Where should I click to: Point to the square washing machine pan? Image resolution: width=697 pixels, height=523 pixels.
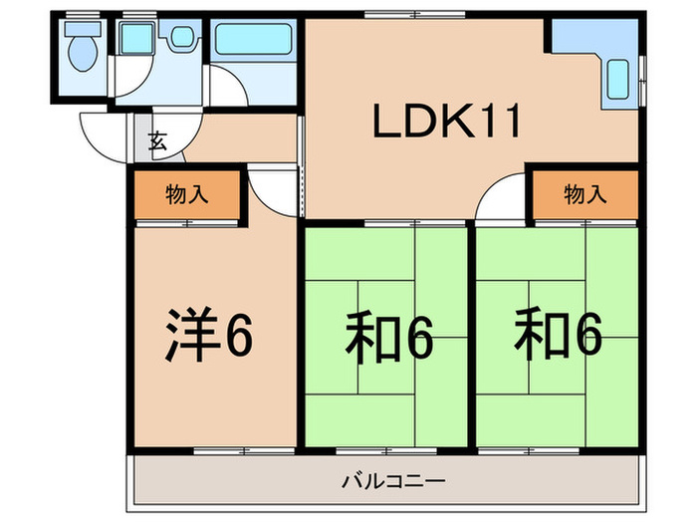[x=133, y=41]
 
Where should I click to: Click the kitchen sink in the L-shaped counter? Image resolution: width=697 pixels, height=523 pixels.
[x=616, y=77]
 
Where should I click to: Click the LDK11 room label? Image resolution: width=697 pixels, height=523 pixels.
[x=446, y=123]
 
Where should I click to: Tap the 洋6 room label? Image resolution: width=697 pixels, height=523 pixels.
[x=207, y=337]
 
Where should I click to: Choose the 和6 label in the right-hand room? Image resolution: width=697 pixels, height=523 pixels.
[x=559, y=338]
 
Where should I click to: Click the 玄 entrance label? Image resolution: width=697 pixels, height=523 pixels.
[x=157, y=140]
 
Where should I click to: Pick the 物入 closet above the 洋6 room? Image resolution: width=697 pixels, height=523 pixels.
[x=186, y=194]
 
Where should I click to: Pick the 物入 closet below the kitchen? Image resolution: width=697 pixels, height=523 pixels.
[x=584, y=194]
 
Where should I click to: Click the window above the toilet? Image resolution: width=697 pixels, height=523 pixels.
[x=80, y=13]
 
